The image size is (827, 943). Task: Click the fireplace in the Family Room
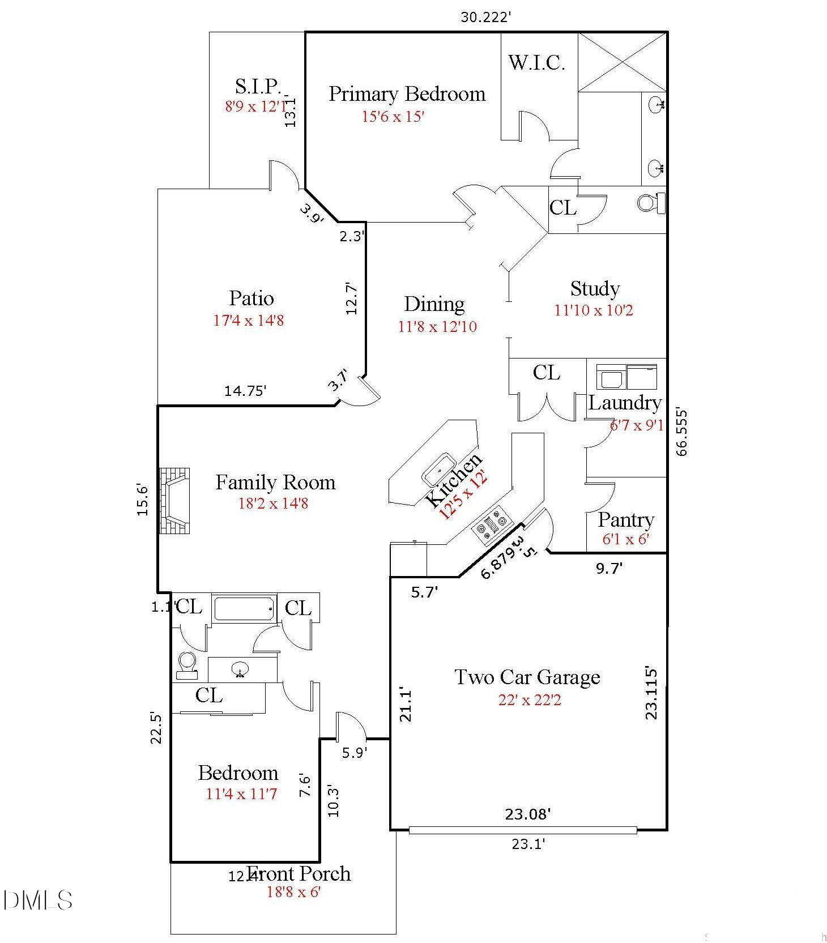174,500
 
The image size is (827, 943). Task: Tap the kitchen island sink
438,468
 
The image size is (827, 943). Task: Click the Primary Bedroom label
407,94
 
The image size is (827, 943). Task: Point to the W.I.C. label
536,63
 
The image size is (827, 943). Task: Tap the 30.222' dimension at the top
485,18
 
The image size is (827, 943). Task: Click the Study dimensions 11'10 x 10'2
593,310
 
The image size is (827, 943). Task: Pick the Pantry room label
625,519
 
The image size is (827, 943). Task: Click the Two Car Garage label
527,677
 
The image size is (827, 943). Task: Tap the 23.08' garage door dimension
527,814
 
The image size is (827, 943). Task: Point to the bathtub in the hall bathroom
244,609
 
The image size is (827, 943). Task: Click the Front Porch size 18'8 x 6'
293,892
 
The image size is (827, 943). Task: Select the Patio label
251,298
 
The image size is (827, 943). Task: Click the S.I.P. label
258,87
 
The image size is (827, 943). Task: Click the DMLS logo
37,900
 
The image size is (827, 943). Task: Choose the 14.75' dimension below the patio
245,391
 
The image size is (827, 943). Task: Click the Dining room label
434,304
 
